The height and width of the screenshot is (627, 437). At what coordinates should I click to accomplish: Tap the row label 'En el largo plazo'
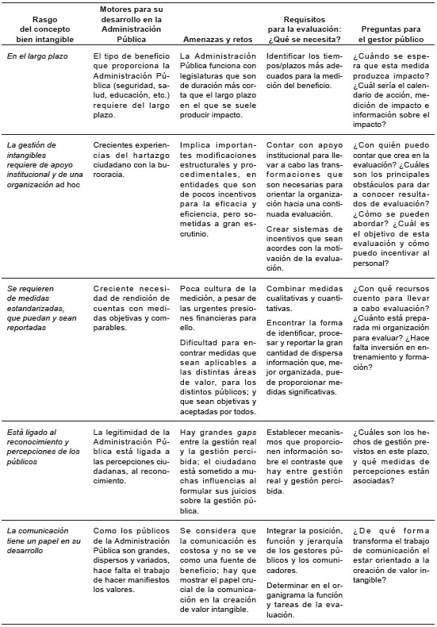click(37, 56)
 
